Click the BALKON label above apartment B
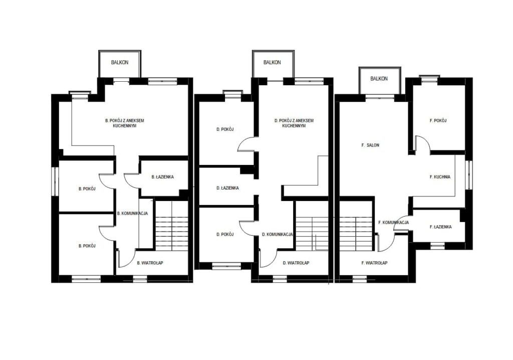point(120,62)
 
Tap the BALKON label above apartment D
point(272,62)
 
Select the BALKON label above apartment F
point(379,79)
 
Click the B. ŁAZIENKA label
point(163,177)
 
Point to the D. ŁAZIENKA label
point(227,188)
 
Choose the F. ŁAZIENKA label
point(441,227)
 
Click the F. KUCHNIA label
point(440,177)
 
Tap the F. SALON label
point(370,145)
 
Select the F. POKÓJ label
point(438,120)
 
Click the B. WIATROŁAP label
point(150,263)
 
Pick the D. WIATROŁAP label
point(296,263)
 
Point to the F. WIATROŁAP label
point(375,263)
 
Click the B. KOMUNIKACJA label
point(132,213)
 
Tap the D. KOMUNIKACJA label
point(278,234)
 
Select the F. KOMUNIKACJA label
point(394,223)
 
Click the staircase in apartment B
point(171,225)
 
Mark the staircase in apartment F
point(356,225)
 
